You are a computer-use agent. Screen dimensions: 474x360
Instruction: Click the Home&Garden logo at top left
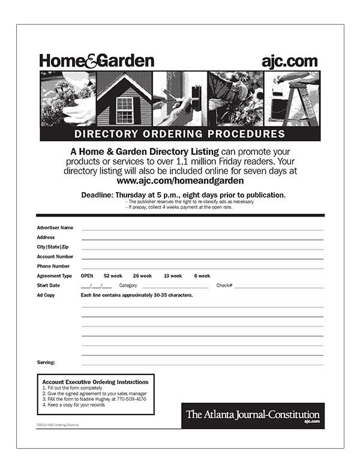tap(97, 61)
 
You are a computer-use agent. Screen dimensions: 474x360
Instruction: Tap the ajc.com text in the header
tap(289, 61)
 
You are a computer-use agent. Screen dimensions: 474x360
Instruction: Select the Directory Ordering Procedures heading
tap(179, 134)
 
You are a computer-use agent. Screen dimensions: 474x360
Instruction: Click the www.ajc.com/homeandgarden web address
tap(180, 180)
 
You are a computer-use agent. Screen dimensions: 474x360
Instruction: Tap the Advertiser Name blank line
tap(202, 228)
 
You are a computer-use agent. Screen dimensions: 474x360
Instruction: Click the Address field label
tap(46, 238)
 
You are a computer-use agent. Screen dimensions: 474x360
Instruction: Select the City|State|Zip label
tap(53, 247)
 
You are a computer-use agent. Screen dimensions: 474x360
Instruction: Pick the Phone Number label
tap(53, 266)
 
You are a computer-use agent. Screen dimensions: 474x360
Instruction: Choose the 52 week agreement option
tap(113, 276)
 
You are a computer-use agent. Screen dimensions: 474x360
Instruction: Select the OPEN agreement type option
tap(87, 276)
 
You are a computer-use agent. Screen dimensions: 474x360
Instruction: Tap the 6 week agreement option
tap(202, 276)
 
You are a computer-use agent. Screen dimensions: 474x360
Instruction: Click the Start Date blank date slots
tap(96, 286)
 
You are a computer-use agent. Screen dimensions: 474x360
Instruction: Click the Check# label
tap(224, 286)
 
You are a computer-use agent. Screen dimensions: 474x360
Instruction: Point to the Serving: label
tap(46, 362)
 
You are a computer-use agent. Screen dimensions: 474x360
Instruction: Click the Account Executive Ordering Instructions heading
tap(95, 382)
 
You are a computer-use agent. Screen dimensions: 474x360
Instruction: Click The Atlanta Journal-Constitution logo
tap(253, 415)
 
